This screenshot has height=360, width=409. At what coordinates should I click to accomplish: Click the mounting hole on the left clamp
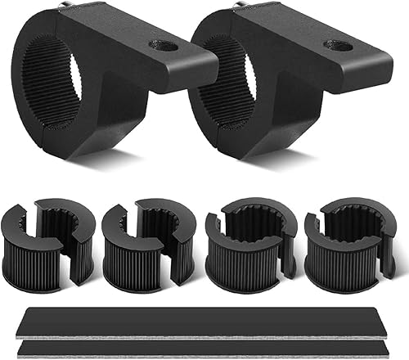tap(164, 45)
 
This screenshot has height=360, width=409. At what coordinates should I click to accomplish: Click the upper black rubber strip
tap(204, 317)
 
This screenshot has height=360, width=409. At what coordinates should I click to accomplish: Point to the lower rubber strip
tap(204, 344)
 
